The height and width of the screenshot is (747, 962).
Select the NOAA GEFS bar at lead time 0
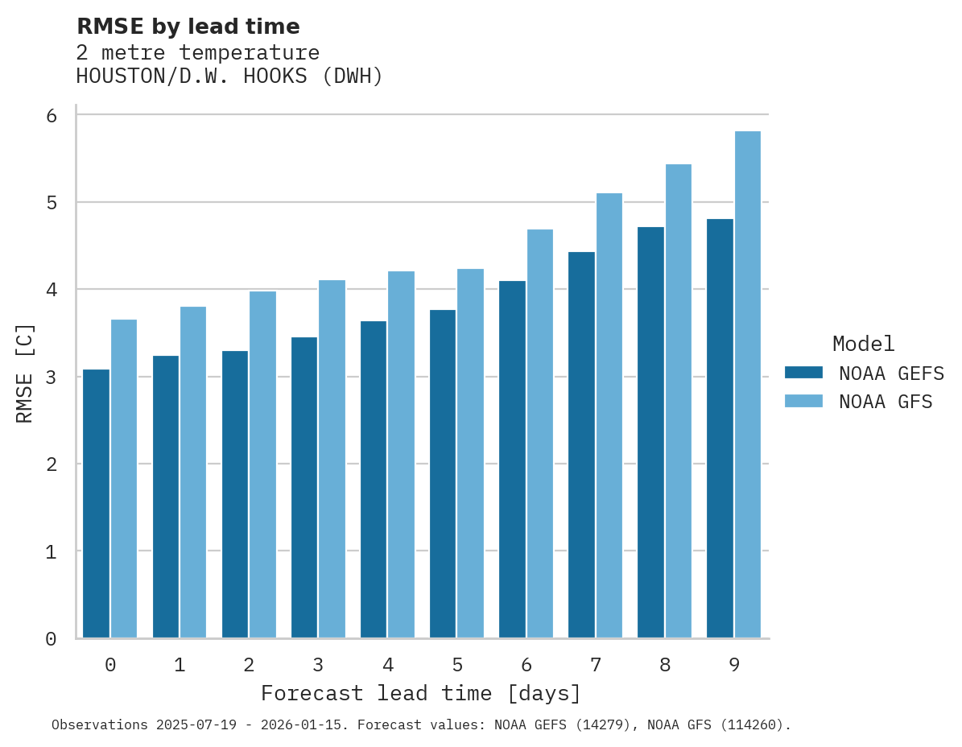click(x=96, y=503)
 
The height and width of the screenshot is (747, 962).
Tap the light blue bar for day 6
click(x=540, y=434)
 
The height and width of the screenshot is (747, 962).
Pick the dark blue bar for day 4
click(x=374, y=480)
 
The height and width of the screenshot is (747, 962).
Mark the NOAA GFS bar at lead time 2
click(x=262, y=464)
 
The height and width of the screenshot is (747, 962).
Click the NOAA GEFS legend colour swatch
click(x=803, y=373)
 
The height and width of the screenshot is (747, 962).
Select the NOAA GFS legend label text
click(x=886, y=402)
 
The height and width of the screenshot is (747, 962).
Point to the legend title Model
click(x=863, y=344)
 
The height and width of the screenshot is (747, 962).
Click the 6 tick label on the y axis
click(x=51, y=115)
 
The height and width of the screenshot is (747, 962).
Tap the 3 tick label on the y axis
click(x=51, y=377)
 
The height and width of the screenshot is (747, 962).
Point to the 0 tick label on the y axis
click(x=51, y=639)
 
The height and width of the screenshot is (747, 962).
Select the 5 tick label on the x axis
click(x=457, y=665)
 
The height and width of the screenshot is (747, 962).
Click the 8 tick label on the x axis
click(x=665, y=665)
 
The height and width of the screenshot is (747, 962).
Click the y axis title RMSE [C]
click(x=25, y=373)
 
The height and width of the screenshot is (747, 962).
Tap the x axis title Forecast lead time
click(x=420, y=693)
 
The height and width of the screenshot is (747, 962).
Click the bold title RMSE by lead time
click(x=188, y=27)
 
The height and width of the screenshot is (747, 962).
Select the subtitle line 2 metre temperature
click(x=197, y=53)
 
